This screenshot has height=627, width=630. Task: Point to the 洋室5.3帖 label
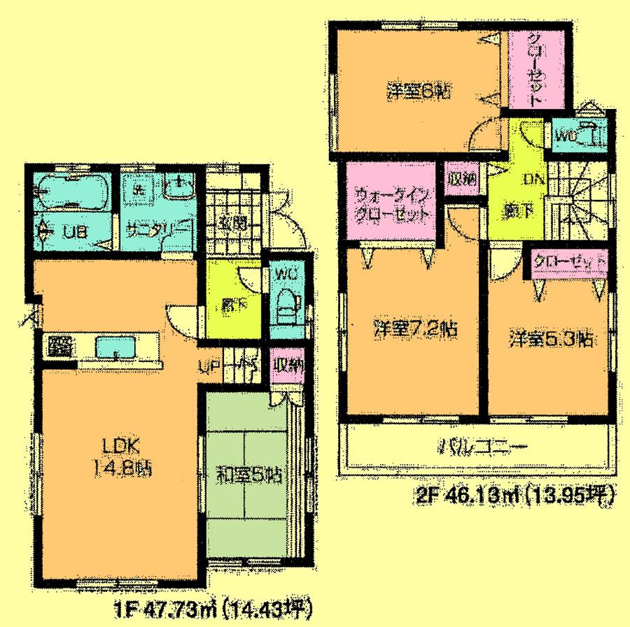coord(552,339)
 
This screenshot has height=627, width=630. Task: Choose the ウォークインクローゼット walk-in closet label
coord(391,203)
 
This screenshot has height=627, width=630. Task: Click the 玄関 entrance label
coord(232,224)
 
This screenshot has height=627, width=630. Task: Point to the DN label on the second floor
coord(533,179)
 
